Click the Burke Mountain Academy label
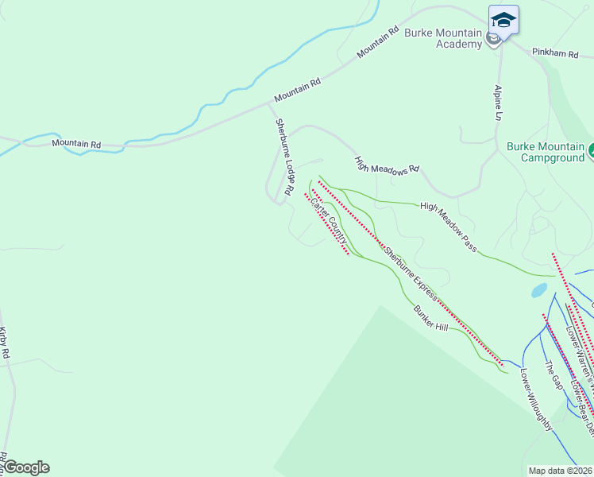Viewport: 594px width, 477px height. (x=443, y=38)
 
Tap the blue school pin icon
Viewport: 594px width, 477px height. (x=503, y=20)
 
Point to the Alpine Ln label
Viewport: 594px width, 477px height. (x=499, y=103)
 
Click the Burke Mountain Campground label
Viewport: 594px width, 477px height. (x=546, y=152)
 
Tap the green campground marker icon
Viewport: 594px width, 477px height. (x=592, y=149)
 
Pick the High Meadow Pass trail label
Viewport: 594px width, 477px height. (x=449, y=227)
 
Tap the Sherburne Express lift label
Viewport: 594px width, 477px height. (x=411, y=272)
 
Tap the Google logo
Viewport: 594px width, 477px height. (x=26, y=467)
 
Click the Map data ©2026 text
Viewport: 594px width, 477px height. (x=561, y=471)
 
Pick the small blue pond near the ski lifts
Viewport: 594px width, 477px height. (x=539, y=290)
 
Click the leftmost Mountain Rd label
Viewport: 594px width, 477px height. (x=76, y=144)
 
